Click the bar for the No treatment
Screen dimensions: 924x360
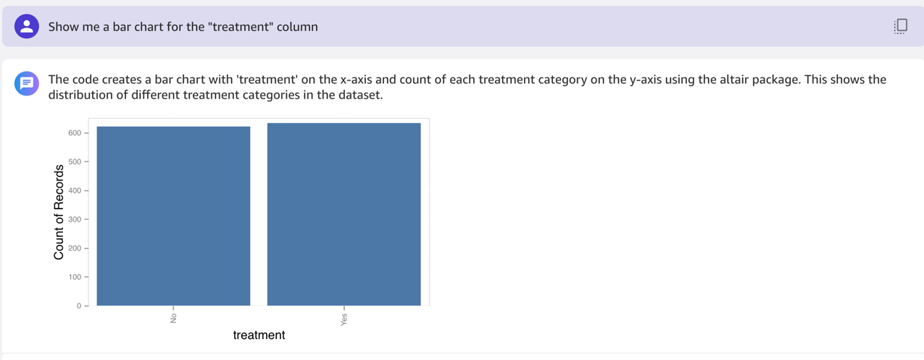[x=173, y=216]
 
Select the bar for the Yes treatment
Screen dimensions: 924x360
[x=344, y=214]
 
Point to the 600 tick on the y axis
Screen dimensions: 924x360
[x=75, y=133]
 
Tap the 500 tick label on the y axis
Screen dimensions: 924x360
[x=75, y=162]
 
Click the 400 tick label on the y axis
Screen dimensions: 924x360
[x=75, y=191]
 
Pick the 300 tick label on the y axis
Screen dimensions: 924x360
[x=75, y=219]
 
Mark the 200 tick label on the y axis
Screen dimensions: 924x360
[x=75, y=248]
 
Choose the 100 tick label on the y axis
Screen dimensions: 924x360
[x=75, y=277]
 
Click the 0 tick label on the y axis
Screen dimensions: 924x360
[x=79, y=306]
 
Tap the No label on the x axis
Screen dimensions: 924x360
[x=173, y=318]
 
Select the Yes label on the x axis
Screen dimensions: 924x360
[x=344, y=319]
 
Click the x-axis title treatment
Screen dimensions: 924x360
[x=259, y=335]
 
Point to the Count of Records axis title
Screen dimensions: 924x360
[x=59, y=212]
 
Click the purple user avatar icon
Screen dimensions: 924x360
[x=27, y=26]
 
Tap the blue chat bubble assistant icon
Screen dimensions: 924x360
[x=27, y=83]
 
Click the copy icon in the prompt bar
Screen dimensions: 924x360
[x=901, y=26]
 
